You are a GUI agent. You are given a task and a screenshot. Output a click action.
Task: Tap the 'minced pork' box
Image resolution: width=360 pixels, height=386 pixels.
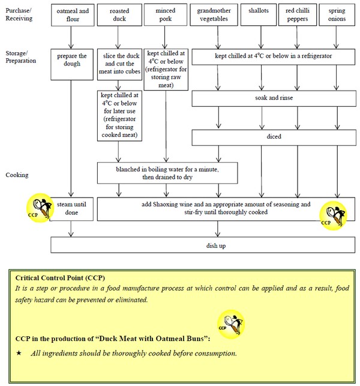(165, 16)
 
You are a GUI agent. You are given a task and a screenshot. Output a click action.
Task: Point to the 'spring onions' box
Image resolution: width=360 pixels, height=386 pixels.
(336, 16)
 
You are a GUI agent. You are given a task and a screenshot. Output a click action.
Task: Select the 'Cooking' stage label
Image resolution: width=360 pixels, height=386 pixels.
(19, 175)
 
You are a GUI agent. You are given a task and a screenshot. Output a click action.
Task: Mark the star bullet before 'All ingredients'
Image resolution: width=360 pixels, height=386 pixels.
(19, 353)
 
